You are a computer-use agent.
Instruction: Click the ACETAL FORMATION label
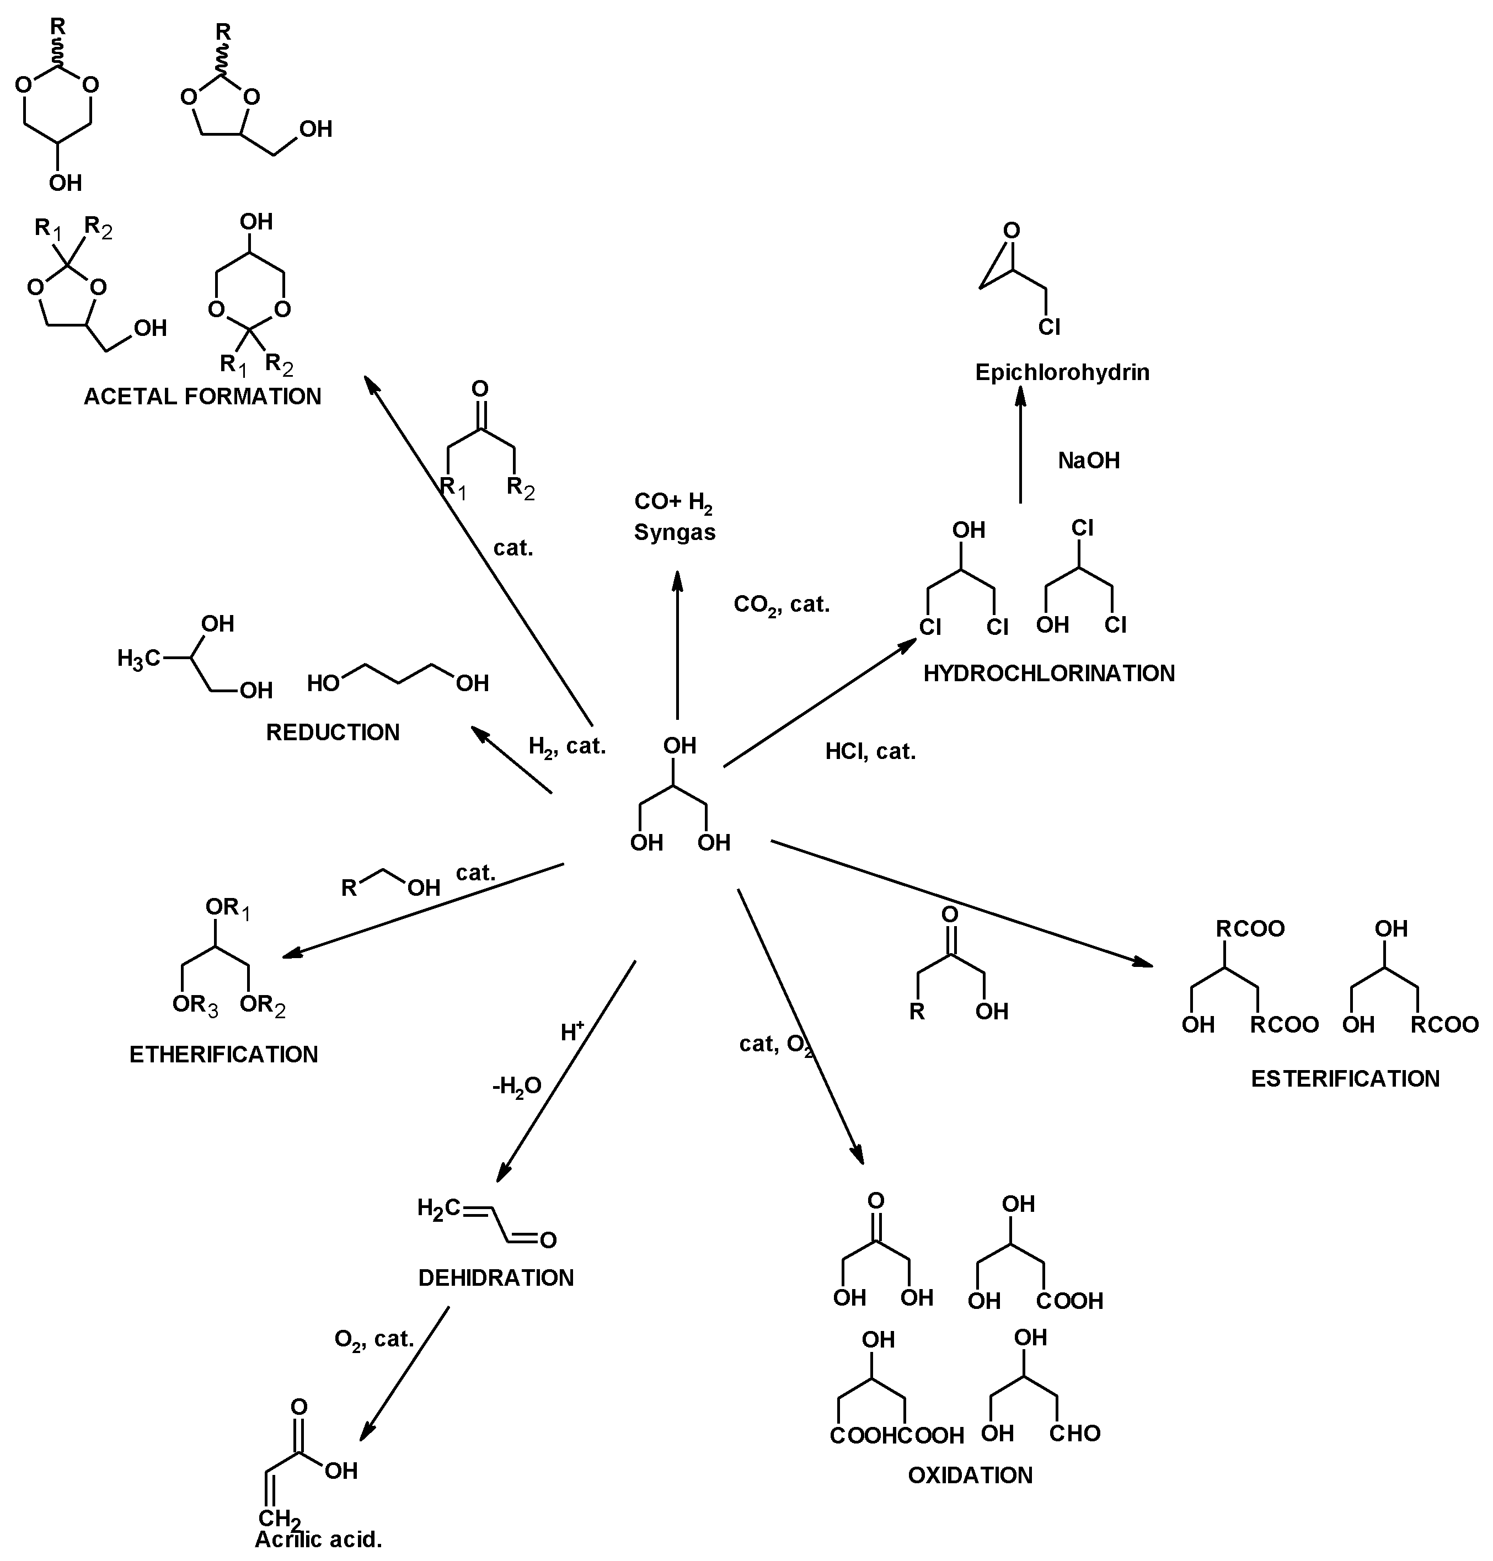202,397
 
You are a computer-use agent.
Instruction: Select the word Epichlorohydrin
1062,372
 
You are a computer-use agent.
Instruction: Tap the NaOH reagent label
1088,460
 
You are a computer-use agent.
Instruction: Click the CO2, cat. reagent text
781,605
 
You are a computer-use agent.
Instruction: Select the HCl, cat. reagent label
870,751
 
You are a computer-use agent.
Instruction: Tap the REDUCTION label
333,733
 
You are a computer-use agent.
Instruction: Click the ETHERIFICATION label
223,1055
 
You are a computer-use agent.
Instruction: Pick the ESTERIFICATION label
1345,1078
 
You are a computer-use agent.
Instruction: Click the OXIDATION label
970,1475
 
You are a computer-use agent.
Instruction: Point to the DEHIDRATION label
496,1277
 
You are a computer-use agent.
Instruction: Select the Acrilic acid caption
318,1539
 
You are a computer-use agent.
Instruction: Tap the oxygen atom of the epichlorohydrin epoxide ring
1011,232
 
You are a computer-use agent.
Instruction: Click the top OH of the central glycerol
679,746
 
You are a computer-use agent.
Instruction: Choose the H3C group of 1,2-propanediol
140,659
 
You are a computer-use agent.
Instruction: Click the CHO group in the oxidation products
1074,1434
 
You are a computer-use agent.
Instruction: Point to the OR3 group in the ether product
195,1006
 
